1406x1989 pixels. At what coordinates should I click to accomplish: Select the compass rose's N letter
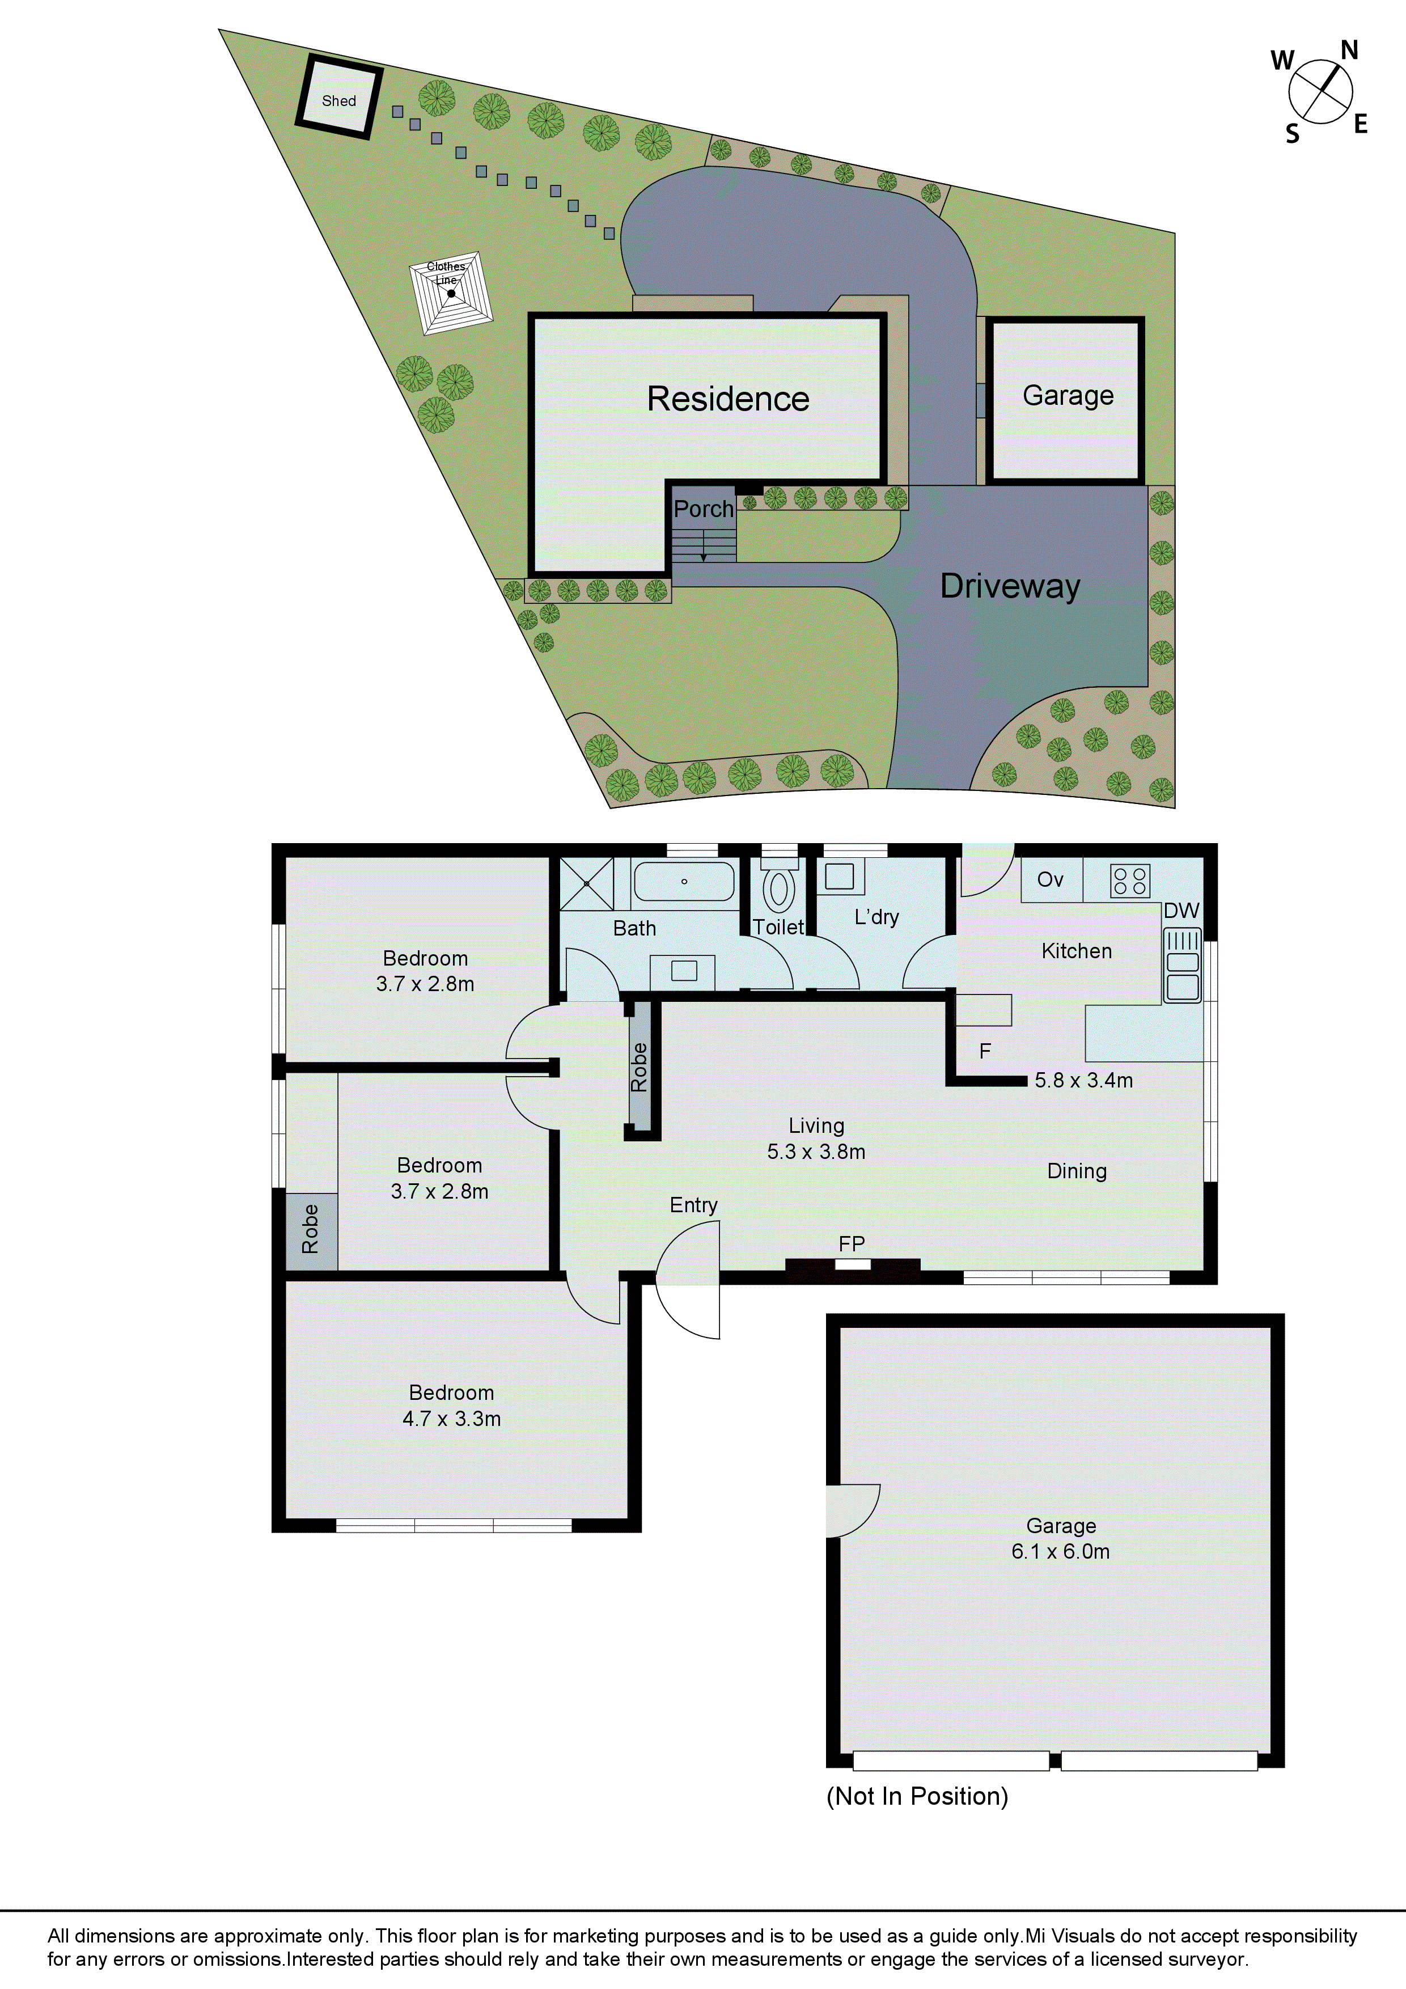coord(1349,50)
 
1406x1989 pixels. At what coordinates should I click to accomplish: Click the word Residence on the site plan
coord(728,399)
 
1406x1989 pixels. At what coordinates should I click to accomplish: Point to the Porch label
coord(704,509)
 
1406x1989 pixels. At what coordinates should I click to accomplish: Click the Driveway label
coord(1010,586)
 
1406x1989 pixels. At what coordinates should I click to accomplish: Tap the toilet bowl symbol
coord(779,889)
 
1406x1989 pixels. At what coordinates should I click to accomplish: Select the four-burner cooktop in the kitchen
coord(1130,881)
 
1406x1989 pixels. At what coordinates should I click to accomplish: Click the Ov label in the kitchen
coord(1050,880)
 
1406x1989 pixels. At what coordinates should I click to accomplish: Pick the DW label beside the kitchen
coord(1181,911)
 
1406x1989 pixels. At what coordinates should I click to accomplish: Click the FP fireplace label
coord(852,1244)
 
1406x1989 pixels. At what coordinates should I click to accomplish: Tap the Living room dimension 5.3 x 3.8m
coord(816,1152)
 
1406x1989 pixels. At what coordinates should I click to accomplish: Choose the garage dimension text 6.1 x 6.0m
coord(1060,1551)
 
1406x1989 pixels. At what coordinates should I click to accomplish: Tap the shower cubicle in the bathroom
coord(586,883)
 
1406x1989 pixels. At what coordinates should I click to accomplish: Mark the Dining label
coord(1077,1171)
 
